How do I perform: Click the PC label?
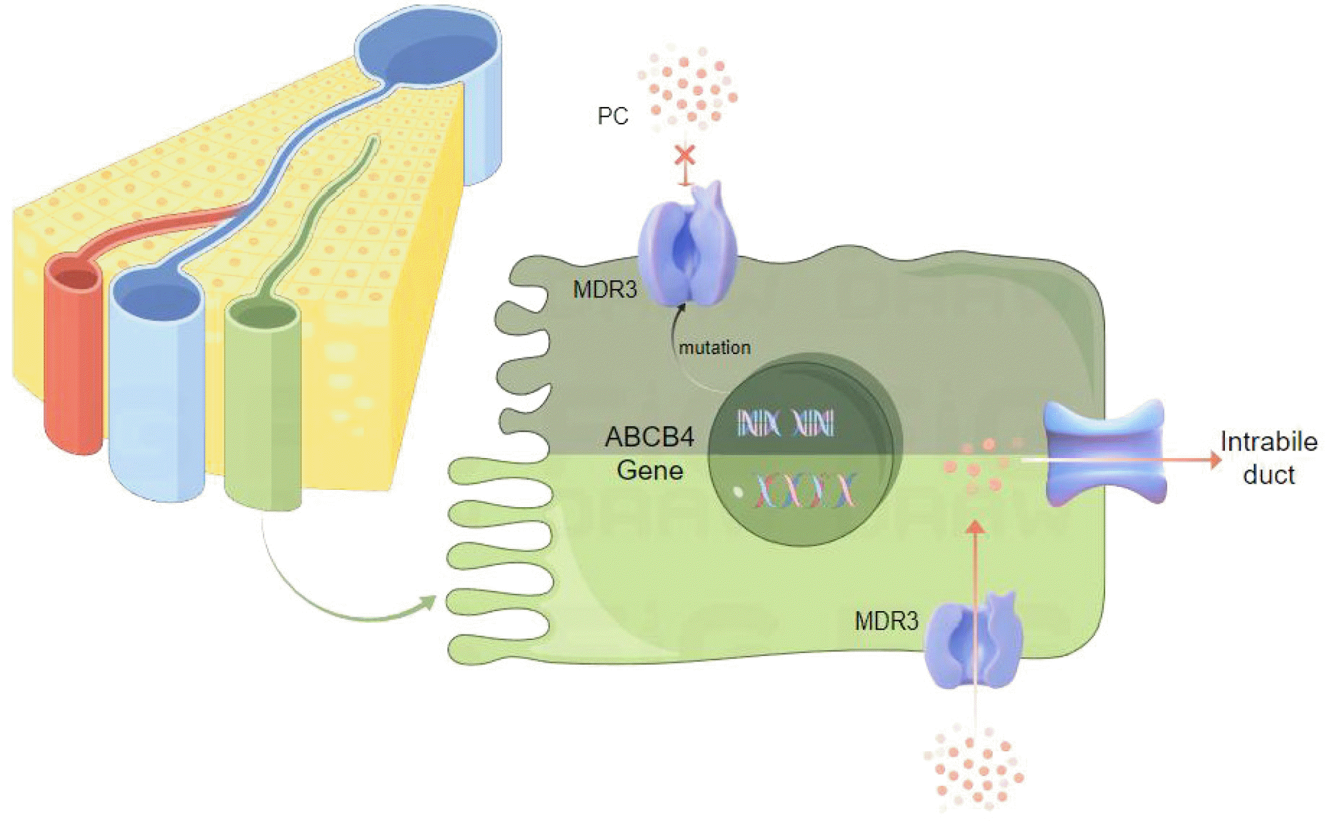[613, 116]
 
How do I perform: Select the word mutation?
[714, 348]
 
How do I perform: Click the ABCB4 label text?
[650, 437]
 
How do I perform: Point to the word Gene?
[650, 471]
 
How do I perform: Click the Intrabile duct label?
[1268, 458]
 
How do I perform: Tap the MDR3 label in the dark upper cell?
[605, 290]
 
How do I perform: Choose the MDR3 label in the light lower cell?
[886, 622]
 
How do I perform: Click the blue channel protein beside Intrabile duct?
[1105, 452]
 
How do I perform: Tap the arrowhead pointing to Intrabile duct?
[1214, 459]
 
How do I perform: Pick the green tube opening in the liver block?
[263, 316]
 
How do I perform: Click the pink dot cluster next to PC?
[688, 89]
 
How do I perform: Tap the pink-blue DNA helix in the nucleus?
[805, 491]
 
